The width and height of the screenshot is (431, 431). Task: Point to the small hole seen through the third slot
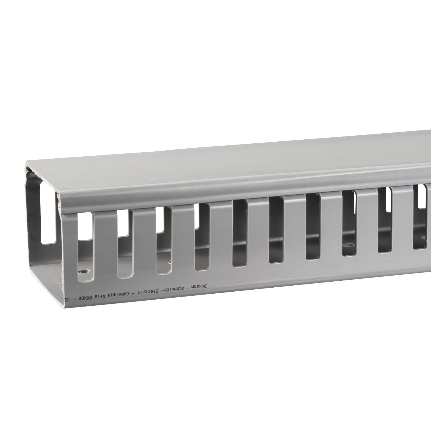[x=170, y=263]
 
